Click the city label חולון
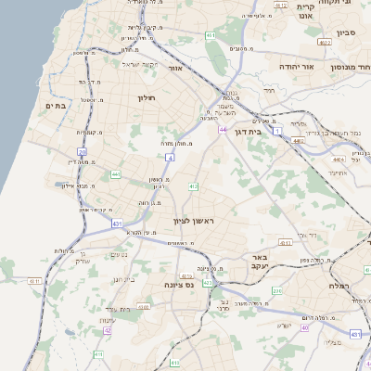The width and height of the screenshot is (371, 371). [x=147, y=97]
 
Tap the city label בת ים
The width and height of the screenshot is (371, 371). [x=56, y=106]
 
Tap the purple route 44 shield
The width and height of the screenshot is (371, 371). [x=223, y=129]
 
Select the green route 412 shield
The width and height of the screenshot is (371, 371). [x=194, y=186]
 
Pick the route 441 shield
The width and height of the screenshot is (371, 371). [x=116, y=173]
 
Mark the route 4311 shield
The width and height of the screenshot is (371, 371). [x=35, y=279]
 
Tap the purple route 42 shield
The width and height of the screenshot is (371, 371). [x=108, y=329]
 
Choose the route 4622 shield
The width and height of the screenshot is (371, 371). [x=324, y=42]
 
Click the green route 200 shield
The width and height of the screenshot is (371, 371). [x=277, y=291]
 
